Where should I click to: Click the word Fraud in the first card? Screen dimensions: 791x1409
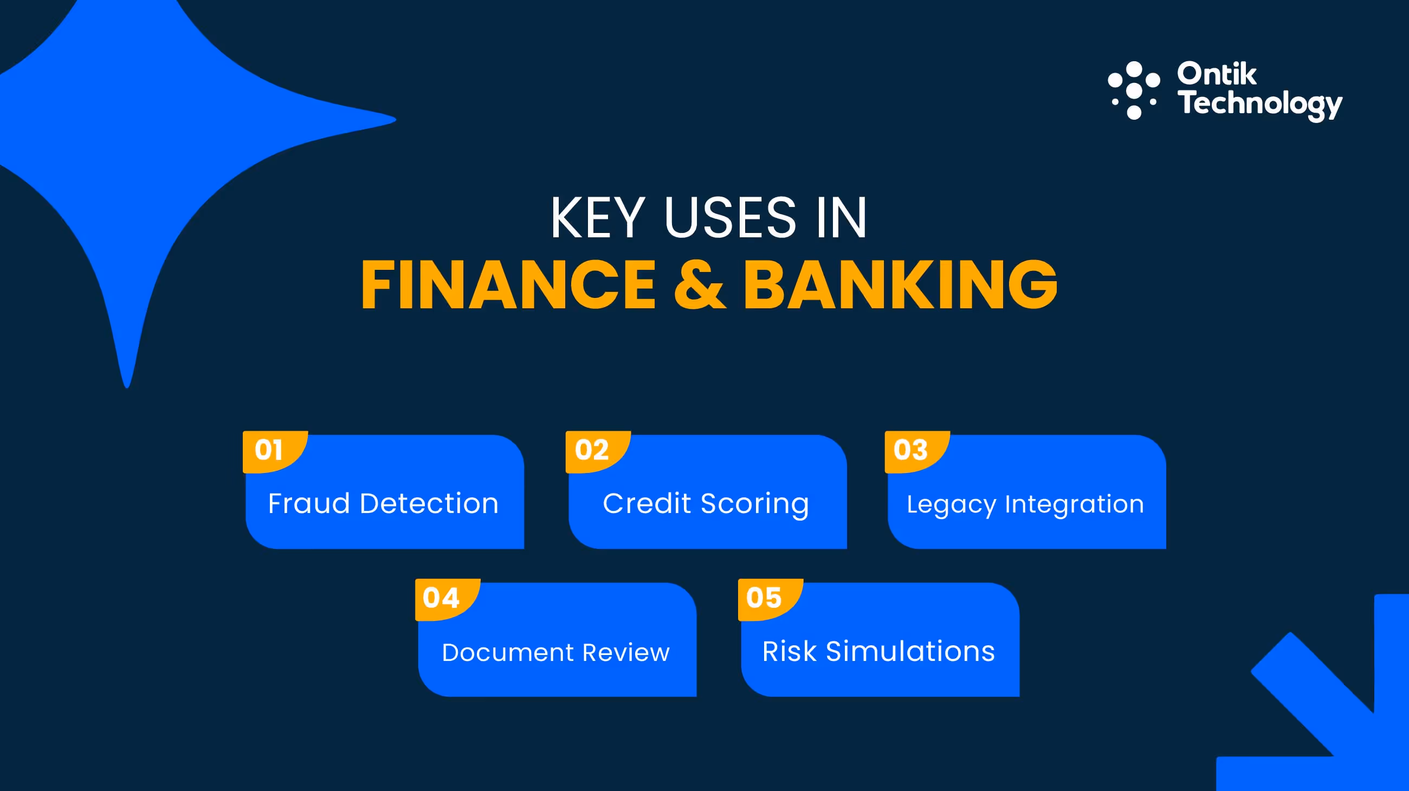[309, 503]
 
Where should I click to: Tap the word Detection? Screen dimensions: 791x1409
[429, 503]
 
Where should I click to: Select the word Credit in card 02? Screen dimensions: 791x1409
[647, 503]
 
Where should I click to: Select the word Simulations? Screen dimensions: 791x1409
[910, 652]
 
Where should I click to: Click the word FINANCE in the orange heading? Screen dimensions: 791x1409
[509, 285]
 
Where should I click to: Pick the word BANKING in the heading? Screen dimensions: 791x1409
[900, 285]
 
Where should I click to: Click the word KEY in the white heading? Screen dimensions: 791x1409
[597, 218]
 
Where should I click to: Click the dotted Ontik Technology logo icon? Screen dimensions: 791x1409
[1134, 90]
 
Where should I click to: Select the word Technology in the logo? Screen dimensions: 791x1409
[1260, 104]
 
